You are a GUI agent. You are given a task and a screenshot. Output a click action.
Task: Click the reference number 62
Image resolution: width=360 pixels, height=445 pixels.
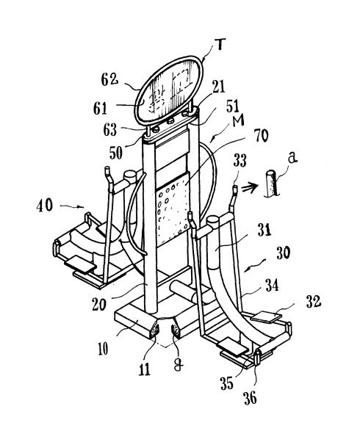coord(109,80)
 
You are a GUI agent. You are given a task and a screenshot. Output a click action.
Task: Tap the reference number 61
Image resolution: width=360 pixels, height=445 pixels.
coord(100,109)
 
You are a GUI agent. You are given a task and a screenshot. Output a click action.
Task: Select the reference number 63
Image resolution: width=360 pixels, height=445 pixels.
coord(109,129)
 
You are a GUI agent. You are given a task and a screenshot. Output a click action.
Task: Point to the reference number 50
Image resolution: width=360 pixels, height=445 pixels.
coord(116,153)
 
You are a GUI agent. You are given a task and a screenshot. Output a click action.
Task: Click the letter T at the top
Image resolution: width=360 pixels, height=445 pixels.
coord(221,46)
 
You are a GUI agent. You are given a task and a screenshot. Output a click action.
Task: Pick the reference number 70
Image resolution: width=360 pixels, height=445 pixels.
coord(261,136)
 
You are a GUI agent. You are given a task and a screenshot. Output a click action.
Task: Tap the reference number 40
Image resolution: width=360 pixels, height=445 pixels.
coord(45,205)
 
